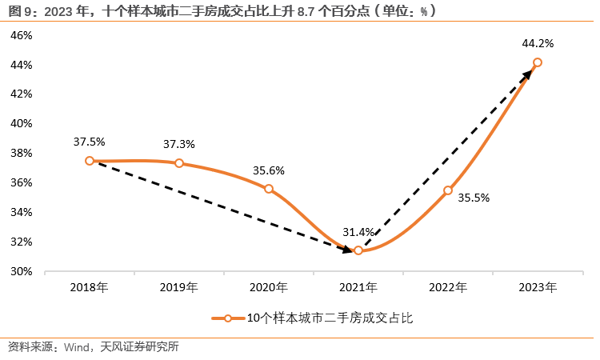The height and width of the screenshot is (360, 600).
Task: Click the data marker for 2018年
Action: click(90, 160)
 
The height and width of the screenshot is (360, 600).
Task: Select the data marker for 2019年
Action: click(179, 163)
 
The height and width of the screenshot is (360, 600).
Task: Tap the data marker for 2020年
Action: click(269, 189)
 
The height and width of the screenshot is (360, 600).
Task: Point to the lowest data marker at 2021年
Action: click(358, 250)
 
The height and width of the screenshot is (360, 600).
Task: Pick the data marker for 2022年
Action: click(448, 190)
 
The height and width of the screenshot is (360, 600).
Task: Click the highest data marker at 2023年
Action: click(538, 62)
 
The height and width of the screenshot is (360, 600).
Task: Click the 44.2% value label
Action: click(538, 43)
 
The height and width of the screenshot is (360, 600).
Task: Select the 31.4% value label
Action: click(358, 232)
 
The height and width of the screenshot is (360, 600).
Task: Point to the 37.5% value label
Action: click(90, 142)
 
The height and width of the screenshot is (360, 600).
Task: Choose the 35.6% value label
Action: click(269, 170)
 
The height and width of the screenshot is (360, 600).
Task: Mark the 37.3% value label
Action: click(179, 144)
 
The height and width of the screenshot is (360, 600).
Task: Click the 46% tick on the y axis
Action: click(21, 35)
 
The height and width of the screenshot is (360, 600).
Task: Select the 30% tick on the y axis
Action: click(21, 271)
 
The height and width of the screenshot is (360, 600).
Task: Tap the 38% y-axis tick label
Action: click(21, 153)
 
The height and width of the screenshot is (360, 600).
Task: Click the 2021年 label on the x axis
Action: click(358, 286)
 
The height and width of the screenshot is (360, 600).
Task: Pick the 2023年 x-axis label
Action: click(538, 286)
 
